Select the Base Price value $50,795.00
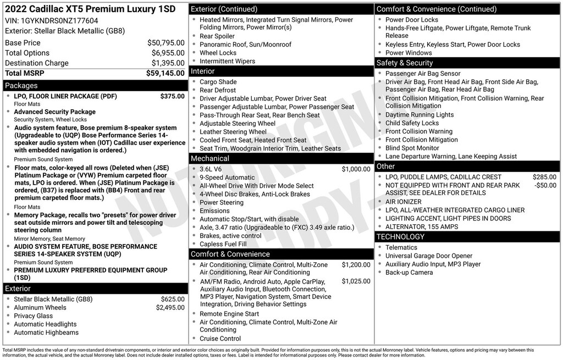pyautogui.click(x=165, y=43)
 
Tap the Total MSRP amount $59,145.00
pyautogui.click(x=165, y=73)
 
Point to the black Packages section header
pyautogui.click(x=93, y=86)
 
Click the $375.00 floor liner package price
pyautogui.click(x=172, y=96)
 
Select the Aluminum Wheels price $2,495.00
pyautogui.click(x=170, y=308)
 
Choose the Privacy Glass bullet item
pyautogui.click(x=33, y=316)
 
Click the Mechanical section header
pyautogui.click(x=209, y=159)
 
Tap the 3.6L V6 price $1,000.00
pyautogui.click(x=356, y=169)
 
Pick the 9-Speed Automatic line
pyautogui.click(x=227, y=178)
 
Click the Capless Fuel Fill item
pyautogui.click(x=223, y=244)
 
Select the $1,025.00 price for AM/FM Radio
pyautogui.click(x=356, y=281)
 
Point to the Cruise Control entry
pyautogui.click(x=220, y=339)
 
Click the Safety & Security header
pyautogui.click(x=405, y=63)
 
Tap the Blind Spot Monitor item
pyautogui.click(x=412, y=148)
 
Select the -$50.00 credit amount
pyautogui.click(x=545, y=186)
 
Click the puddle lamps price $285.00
pyautogui.click(x=544, y=177)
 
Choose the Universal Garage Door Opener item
pyautogui.click(x=428, y=256)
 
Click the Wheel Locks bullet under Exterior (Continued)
pyautogui.click(x=218, y=53)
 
